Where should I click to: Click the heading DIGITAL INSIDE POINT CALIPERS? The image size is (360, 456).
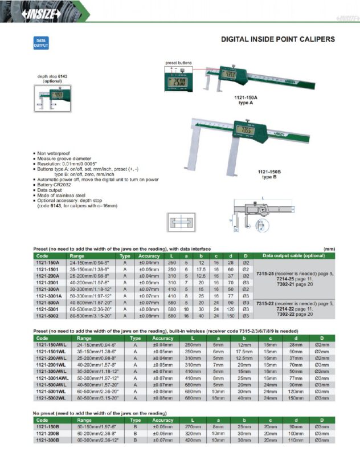click(x=277, y=40)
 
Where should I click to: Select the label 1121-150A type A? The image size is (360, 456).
click(x=246, y=100)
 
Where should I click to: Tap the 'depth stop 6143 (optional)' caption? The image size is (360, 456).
click(x=53, y=78)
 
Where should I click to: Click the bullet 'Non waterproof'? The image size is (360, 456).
click(x=56, y=154)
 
